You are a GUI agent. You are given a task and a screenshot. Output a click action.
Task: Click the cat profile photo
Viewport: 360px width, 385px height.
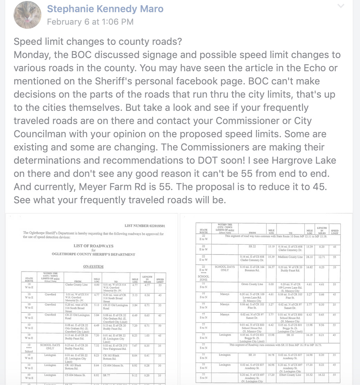pyautogui.click(x=27, y=15)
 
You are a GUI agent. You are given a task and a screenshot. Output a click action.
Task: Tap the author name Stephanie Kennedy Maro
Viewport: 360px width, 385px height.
pyautogui.click(x=105, y=9)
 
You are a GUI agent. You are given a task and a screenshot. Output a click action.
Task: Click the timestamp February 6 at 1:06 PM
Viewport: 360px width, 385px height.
pyautogui.click(x=90, y=22)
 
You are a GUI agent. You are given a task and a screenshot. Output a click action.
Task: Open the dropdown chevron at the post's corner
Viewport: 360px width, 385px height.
pyautogui.click(x=341, y=6)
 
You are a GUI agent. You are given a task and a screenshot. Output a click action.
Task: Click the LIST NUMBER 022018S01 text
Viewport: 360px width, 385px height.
pyautogui.click(x=145, y=226)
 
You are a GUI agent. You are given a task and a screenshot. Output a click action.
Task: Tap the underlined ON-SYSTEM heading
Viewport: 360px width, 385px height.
pyautogui.click(x=93, y=267)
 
